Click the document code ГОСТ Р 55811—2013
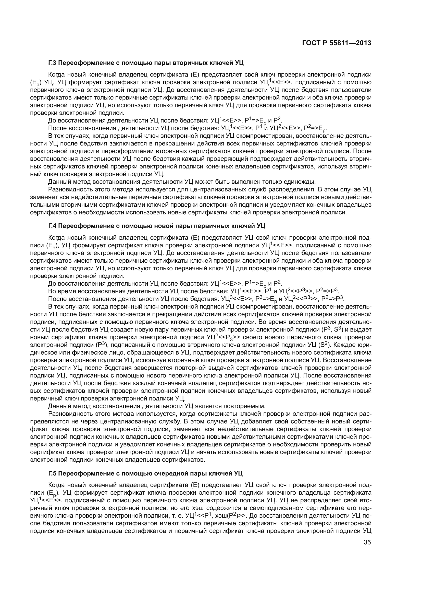[337, 43]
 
